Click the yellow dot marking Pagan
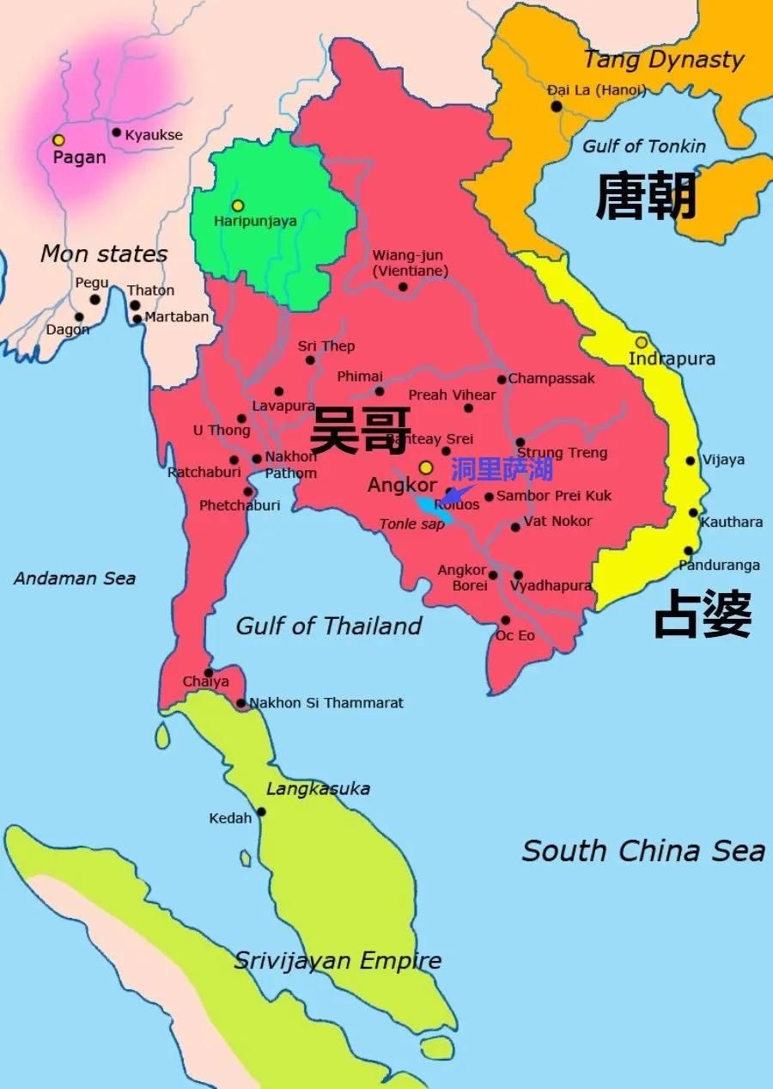pos(58,140)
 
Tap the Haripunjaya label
pos(255,221)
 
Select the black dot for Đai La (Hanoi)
pos(557,107)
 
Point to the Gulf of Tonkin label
pos(643,146)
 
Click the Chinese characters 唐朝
pos(646,197)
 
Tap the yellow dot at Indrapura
pos(642,342)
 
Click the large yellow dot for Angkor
pos(425,467)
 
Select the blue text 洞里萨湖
pos(502,469)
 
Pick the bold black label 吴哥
pos(360,430)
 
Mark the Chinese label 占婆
pos(703,614)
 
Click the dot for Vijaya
pos(691,461)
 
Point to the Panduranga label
pos(719,566)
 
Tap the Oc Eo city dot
pos(505,620)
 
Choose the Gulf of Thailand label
pos(329,626)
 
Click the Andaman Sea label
pos(75,578)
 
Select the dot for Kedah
pos(260,811)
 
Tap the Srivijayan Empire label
pos(338,960)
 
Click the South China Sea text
pos(643,851)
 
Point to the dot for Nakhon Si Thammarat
pos(241,703)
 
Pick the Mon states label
pos(104,254)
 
